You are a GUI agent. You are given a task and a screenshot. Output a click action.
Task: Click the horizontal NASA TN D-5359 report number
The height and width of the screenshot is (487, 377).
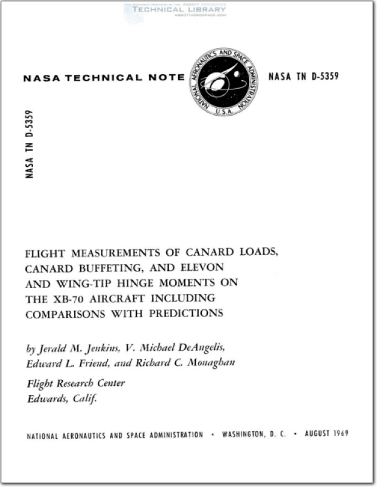pos(303,77)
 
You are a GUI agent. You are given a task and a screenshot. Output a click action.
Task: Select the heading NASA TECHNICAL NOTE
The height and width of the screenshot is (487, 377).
pos(103,78)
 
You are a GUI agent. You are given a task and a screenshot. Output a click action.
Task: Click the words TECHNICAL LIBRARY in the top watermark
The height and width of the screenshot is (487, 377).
pos(175,10)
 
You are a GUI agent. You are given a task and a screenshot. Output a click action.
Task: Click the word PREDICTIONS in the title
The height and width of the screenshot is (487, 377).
pos(187,314)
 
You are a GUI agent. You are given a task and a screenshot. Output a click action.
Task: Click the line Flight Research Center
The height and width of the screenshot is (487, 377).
pos(75,383)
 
